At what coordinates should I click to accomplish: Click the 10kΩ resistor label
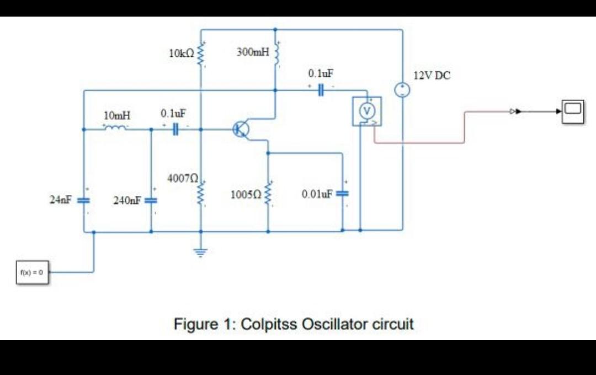click(182, 54)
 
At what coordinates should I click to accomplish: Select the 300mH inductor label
click(253, 52)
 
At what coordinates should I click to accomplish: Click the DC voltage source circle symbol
click(402, 90)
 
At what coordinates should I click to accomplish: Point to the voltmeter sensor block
click(366, 111)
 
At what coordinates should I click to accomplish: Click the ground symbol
click(200, 253)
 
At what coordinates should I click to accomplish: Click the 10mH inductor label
click(117, 115)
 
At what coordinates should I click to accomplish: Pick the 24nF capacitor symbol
click(83, 200)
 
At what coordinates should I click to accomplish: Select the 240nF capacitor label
click(127, 200)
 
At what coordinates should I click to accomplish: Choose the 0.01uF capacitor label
click(317, 194)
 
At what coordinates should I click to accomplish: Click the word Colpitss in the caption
click(269, 324)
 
